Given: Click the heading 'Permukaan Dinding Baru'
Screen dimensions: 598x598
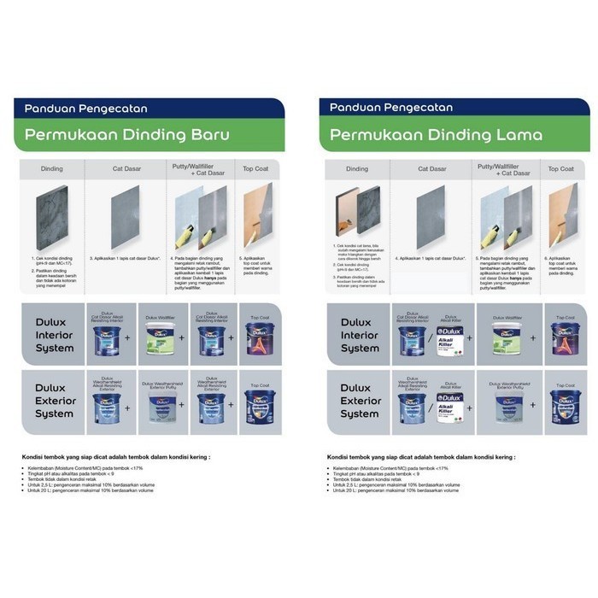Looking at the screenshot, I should point(127,135).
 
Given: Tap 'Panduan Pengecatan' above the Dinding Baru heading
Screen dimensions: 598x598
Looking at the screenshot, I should point(85,108).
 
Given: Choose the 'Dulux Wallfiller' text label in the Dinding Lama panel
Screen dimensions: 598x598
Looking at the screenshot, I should point(506,316).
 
